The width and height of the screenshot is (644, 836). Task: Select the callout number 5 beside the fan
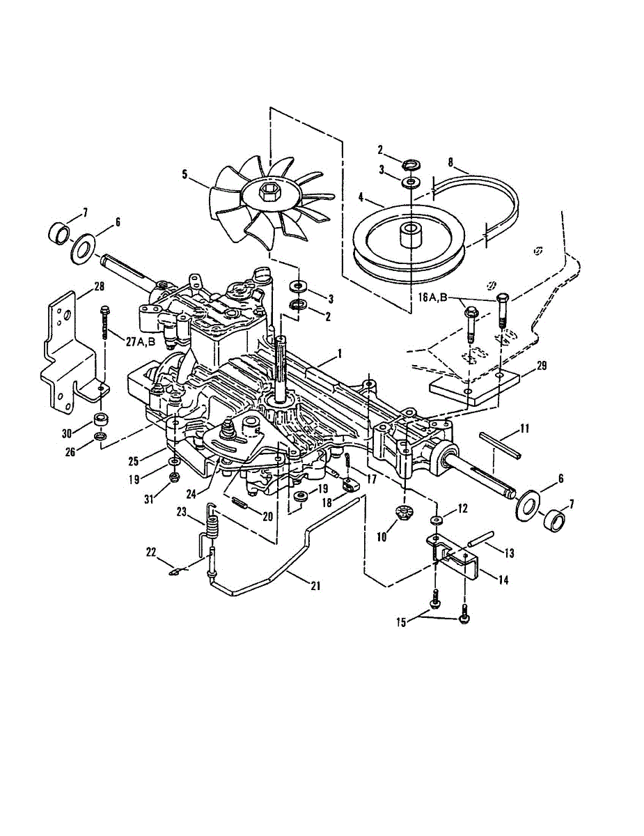pyautogui.click(x=185, y=175)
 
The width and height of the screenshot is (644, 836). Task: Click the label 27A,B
pyautogui.click(x=141, y=341)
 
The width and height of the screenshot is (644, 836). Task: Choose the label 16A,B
pyautogui.click(x=432, y=297)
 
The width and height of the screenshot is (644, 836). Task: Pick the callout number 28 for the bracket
pyautogui.click(x=99, y=286)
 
